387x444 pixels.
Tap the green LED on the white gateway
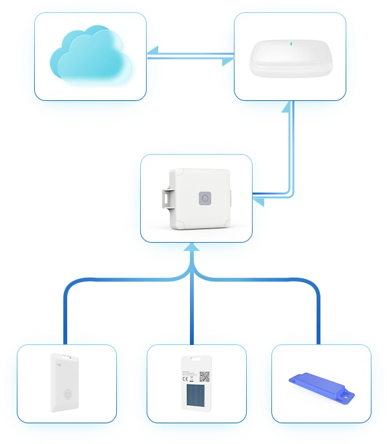[x=291, y=45]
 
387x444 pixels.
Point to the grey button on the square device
[x=205, y=199]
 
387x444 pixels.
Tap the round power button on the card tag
[x=67, y=395]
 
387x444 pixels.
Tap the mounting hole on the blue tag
[x=345, y=394]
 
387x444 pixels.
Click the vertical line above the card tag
[x=65, y=311]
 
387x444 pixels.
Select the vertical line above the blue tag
[x=319, y=311]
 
